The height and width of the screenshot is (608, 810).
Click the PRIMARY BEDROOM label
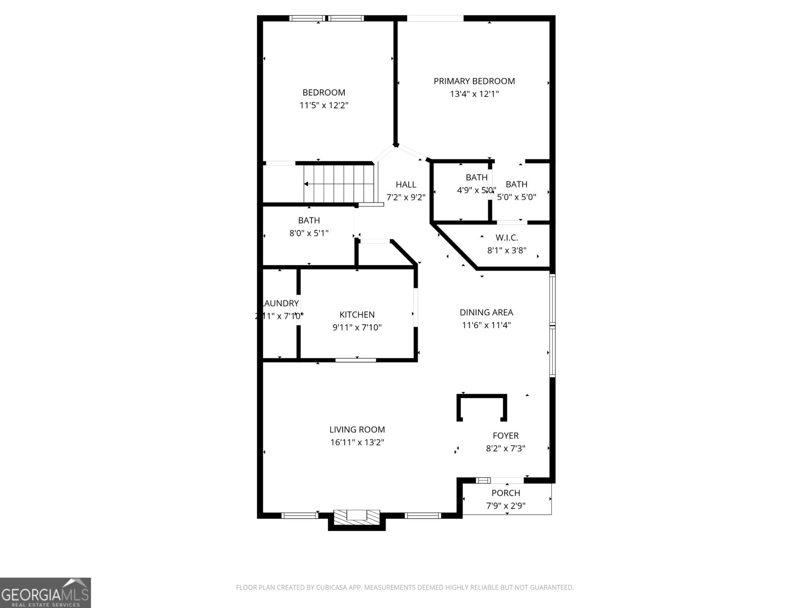pyautogui.click(x=474, y=81)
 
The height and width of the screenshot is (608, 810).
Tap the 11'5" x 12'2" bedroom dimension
pyautogui.click(x=324, y=105)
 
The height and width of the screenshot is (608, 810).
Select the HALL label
pyautogui.click(x=406, y=184)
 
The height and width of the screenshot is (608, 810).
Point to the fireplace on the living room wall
pyautogui.click(x=356, y=517)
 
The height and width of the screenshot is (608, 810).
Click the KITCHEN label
pyautogui.click(x=357, y=315)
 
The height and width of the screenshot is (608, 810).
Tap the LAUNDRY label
pyautogui.click(x=280, y=303)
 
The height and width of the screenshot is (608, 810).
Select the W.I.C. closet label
pyautogui.click(x=506, y=238)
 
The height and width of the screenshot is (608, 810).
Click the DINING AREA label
pyautogui.click(x=486, y=313)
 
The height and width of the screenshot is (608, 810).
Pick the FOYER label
pyautogui.click(x=505, y=436)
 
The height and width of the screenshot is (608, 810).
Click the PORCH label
pyautogui.click(x=506, y=493)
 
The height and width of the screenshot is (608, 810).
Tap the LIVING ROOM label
pyautogui.click(x=357, y=430)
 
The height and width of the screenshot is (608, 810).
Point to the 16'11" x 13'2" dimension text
pyautogui.click(x=357, y=442)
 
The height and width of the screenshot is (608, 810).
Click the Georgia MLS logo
pyautogui.click(x=46, y=592)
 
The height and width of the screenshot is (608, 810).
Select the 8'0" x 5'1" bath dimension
pyautogui.click(x=309, y=233)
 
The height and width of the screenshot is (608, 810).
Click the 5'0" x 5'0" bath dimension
pyautogui.click(x=516, y=197)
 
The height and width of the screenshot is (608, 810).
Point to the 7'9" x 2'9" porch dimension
pyautogui.click(x=506, y=506)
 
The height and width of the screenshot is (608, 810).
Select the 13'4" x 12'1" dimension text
pyautogui.click(x=474, y=94)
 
